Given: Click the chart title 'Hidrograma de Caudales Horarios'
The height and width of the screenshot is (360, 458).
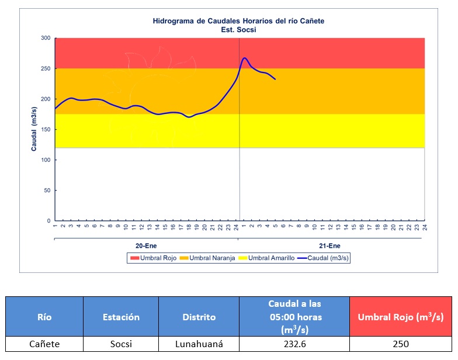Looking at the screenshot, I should [x=238, y=21].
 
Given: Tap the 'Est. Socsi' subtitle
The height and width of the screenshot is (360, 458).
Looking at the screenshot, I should [x=238, y=29].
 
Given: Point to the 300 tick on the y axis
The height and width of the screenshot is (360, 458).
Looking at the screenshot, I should [x=45, y=38].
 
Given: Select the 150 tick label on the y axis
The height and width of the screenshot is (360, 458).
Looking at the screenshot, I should [x=45, y=130].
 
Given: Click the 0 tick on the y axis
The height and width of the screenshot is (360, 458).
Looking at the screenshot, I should [x=48, y=221].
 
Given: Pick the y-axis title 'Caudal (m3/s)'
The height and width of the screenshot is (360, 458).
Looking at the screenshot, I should [x=34, y=130].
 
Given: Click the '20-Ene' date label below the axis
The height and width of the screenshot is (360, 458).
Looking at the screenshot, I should [x=146, y=246].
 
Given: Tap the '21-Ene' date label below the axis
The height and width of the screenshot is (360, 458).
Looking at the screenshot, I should [x=330, y=246].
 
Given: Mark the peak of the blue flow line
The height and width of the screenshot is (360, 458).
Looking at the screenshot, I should [x=244, y=58].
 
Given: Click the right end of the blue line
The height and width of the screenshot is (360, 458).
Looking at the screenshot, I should [x=275, y=79].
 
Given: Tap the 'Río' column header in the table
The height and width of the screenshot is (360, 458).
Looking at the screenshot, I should [x=44, y=317].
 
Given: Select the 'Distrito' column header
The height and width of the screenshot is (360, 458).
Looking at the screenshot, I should [x=199, y=317].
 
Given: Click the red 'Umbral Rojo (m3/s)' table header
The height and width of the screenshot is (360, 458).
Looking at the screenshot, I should [x=400, y=317].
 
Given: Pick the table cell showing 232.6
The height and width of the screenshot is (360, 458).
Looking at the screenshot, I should [x=294, y=344].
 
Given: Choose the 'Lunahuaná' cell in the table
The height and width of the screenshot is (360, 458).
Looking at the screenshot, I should [x=199, y=344].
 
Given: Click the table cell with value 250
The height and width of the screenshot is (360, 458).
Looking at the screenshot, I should [x=400, y=344].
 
